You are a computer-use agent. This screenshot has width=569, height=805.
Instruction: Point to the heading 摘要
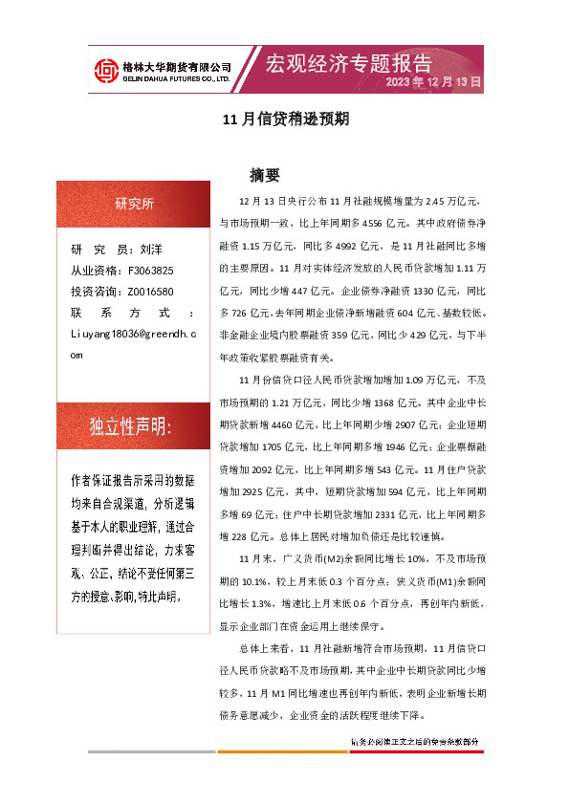[264, 176]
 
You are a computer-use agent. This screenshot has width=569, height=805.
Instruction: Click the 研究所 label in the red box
[134, 203]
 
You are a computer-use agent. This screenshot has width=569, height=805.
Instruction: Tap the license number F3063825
[150, 271]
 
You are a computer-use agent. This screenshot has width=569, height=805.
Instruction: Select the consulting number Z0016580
[150, 292]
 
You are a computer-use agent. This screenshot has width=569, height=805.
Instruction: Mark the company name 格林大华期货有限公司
[179, 66]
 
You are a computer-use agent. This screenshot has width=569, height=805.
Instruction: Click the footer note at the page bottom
[414, 742]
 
